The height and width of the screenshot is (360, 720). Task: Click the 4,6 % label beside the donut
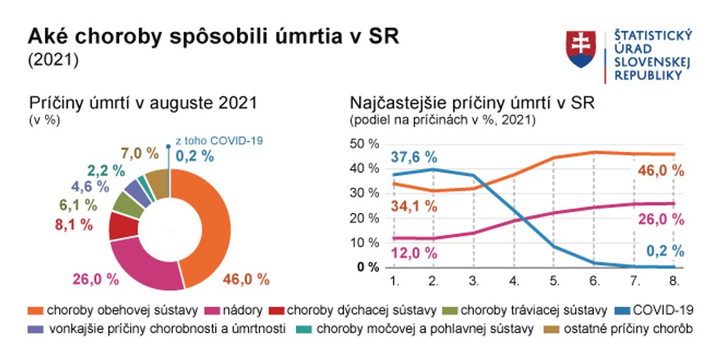tap(91, 187)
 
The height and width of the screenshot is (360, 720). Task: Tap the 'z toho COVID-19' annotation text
tap(219, 141)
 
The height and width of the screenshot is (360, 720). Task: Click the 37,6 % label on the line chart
tap(414, 157)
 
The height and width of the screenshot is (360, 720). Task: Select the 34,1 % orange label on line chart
tap(414, 207)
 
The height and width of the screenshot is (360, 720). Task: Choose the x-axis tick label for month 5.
tap(554, 281)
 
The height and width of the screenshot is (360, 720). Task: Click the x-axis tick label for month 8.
tap(674, 281)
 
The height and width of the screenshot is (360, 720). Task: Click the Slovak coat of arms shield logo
tap(581, 49)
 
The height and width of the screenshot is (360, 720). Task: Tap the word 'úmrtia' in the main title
tap(281, 37)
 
